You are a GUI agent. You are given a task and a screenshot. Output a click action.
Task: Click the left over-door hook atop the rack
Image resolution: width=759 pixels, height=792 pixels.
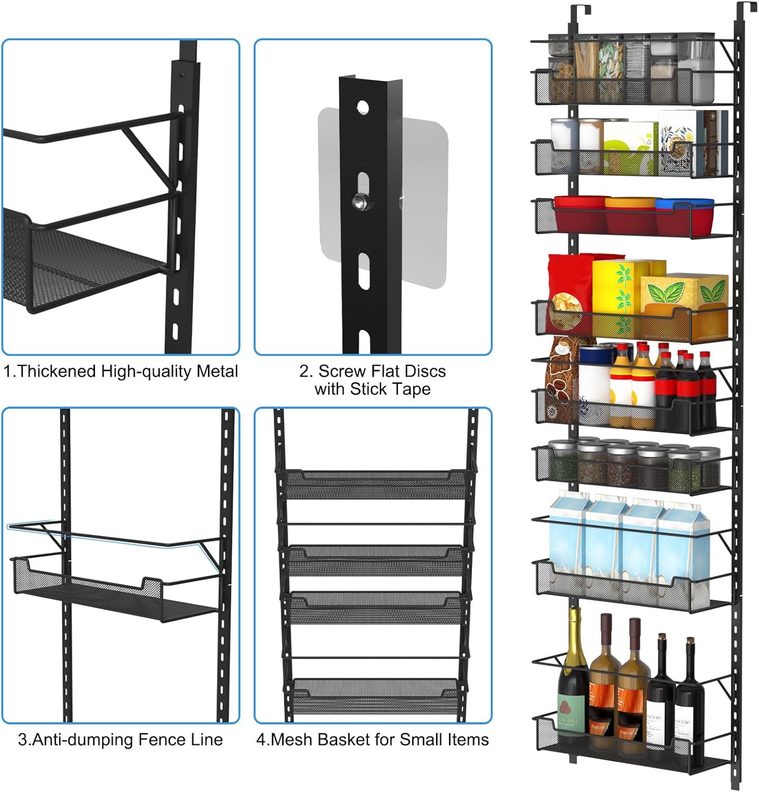coord(576,16)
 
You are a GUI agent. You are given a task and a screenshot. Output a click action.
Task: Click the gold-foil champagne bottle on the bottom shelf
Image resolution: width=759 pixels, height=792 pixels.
coord(572,681)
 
